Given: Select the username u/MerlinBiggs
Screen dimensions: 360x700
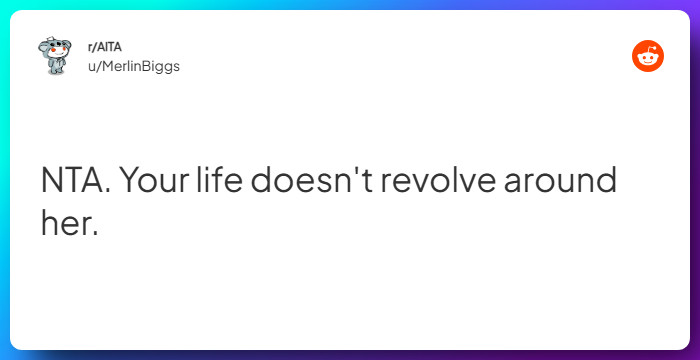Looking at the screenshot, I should tap(134, 66).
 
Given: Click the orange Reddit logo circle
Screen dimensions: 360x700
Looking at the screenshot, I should tap(648, 57).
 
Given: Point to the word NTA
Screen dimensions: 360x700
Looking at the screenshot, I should tap(72, 184).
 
